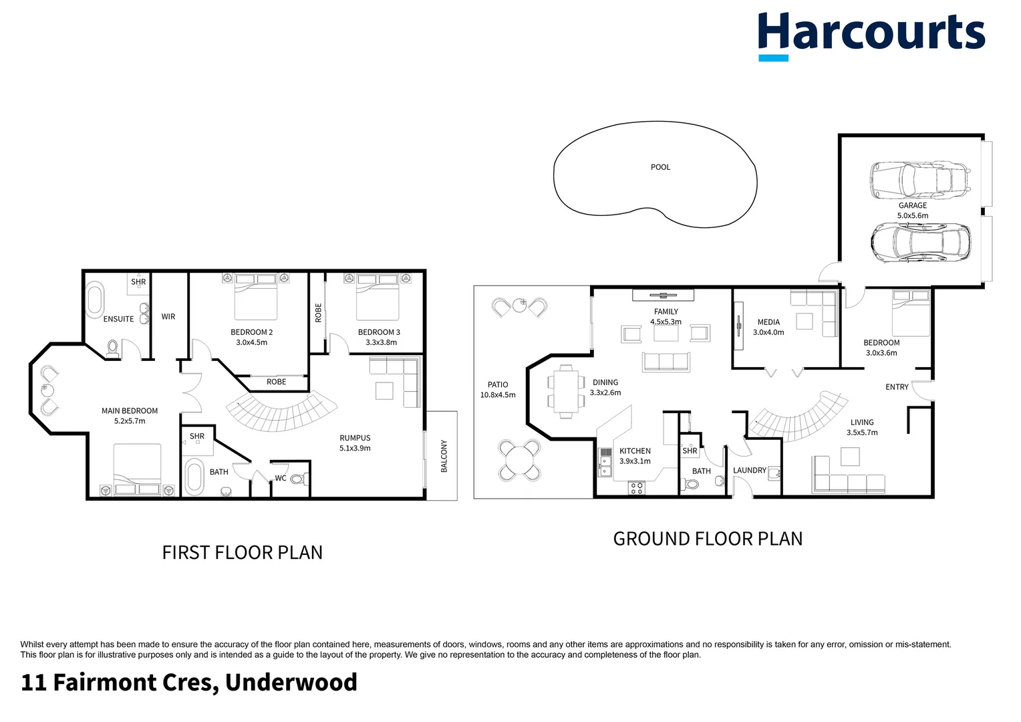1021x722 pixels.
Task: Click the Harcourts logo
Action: (x=871, y=35)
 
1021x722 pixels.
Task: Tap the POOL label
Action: (x=660, y=167)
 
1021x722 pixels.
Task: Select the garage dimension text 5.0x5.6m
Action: (x=912, y=216)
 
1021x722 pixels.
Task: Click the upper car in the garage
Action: (x=918, y=180)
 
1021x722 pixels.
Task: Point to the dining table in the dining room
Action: (x=566, y=392)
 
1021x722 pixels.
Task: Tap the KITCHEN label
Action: (x=635, y=451)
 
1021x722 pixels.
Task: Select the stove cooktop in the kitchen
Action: (x=636, y=488)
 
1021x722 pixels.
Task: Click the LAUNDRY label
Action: (x=749, y=471)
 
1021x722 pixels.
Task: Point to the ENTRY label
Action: (x=897, y=387)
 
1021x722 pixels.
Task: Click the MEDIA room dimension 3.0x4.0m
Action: (x=768, y=332)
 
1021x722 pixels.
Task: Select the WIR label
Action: (x=168, y=317)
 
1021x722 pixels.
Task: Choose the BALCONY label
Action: (x=444, y=456)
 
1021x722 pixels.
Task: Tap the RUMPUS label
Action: (x=355, y=439)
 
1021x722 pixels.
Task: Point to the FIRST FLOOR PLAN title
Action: (x=242, y=553)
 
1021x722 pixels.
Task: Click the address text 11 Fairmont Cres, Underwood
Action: (x=189, y=683)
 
